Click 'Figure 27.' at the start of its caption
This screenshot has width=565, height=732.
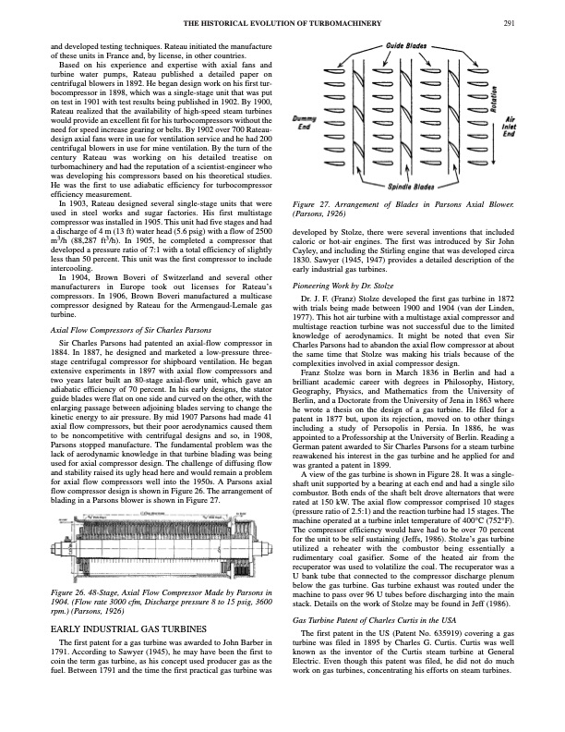(312, 202)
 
